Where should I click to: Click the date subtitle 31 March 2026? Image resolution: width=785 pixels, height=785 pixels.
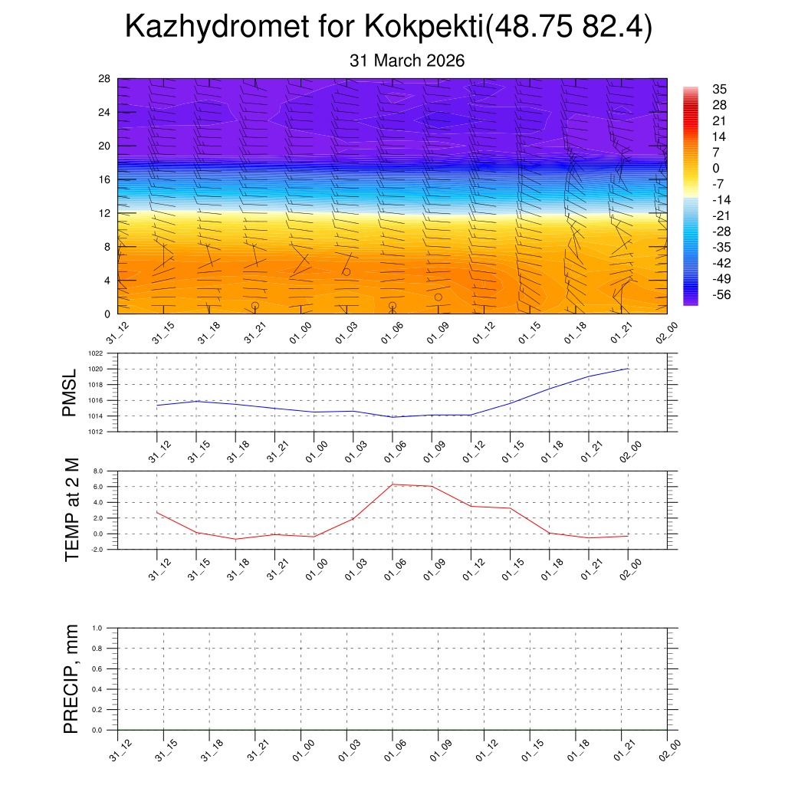point(407,61)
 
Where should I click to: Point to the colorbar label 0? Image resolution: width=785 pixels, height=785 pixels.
point(715,169)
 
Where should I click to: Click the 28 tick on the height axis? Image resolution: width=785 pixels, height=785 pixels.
point(105,79)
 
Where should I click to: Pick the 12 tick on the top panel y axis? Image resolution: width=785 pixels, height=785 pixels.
point(105,213)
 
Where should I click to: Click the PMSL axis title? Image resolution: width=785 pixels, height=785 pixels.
point(71,393)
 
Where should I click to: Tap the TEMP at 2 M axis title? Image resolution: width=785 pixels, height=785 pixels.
point(72,510)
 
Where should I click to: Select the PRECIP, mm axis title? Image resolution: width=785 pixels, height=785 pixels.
point(71,679)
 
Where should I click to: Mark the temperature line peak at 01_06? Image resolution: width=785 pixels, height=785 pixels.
point(392,484)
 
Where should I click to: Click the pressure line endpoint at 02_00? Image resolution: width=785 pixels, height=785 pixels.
point(629,369)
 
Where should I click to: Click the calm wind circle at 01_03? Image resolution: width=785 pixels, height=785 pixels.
point(347,272)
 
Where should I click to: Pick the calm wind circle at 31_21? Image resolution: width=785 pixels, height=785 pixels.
point(255,305)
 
